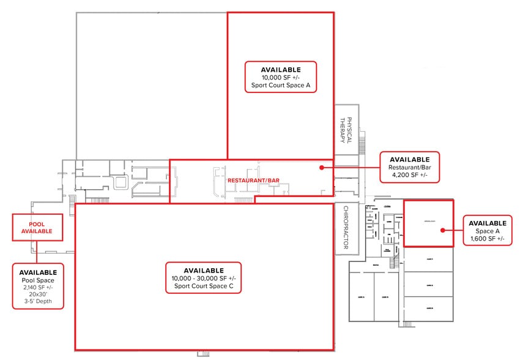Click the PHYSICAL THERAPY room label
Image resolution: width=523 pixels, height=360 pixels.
pos(347,130)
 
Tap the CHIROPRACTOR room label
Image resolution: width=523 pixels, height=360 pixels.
pos(346,228)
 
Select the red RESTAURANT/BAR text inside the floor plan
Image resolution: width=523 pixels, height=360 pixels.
pos(254,181)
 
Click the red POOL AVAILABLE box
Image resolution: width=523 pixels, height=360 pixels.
pos(37,227)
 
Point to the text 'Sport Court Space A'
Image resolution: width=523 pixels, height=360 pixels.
pos(281,86)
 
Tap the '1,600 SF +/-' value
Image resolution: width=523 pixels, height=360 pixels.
pos(488,239)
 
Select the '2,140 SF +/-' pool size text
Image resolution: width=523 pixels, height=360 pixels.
pos(38,288)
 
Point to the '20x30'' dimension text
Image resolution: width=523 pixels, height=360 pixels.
pos(38,295)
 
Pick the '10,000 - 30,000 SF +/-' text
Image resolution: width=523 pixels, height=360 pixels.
pos(204,279)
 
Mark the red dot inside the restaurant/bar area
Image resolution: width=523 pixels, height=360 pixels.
pos(321,167)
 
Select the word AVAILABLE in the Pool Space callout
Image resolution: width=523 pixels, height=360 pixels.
pos(38,272)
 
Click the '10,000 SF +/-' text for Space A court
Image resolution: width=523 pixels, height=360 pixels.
pos(281,78)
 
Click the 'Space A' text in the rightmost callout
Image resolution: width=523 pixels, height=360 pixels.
pos(488,231)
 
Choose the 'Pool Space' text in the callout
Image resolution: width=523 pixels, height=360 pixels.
pos(38,280)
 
